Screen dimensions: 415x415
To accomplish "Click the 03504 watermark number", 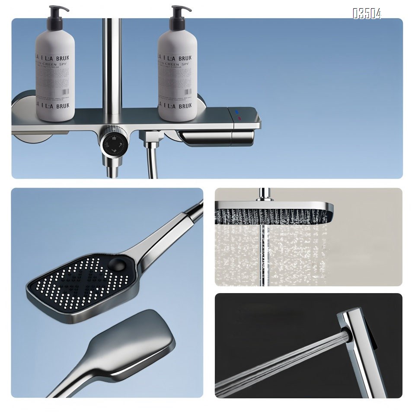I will point(367,14).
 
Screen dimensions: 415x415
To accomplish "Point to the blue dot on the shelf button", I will point(237,111).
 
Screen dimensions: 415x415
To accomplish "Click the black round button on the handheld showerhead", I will point(116,264).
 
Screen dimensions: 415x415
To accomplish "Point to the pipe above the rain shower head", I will point(262,194).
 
